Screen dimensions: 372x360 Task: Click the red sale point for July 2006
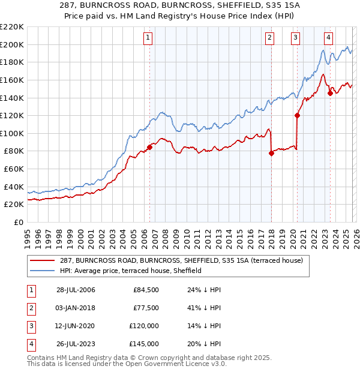(x=149, y=147)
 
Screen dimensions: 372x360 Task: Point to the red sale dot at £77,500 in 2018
(x=271, y=153)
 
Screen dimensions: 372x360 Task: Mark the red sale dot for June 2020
(x=297, y=115)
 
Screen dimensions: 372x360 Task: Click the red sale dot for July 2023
(x=330, y=93)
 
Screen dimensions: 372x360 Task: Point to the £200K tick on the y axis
(x=12, y=44)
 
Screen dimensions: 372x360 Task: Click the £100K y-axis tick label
(x=12, y=133)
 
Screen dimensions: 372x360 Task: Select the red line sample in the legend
(x=43, y=260)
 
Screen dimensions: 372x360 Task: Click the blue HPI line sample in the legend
(x=43, y=271)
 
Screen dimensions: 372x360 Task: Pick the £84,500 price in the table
(x=146, y=290)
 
